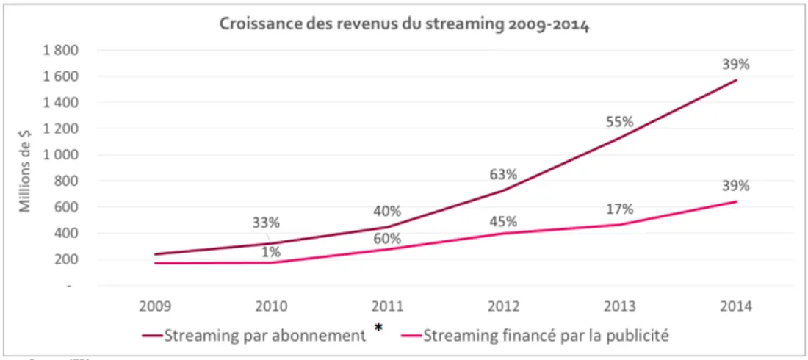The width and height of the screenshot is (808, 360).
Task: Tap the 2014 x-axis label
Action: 737,306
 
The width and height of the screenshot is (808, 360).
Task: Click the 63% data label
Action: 503,175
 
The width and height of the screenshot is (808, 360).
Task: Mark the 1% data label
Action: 271,253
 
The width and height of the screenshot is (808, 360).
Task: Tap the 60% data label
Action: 386,238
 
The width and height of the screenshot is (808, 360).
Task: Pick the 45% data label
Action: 503,221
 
